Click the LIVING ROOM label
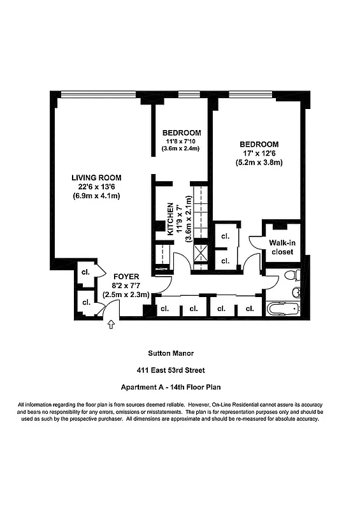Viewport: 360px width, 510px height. (96, 177)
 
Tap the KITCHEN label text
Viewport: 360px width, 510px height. (171, 219)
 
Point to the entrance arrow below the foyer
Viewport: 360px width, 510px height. (112, 325)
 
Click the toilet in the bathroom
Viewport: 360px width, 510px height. (291, 276)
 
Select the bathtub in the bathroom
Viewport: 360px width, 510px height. (282, 310)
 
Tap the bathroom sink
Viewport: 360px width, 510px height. (296, 293)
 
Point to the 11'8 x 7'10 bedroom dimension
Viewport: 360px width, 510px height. (181, 141)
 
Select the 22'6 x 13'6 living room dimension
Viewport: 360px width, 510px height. (96, 186)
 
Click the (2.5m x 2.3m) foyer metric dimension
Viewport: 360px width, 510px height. (126, 295)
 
